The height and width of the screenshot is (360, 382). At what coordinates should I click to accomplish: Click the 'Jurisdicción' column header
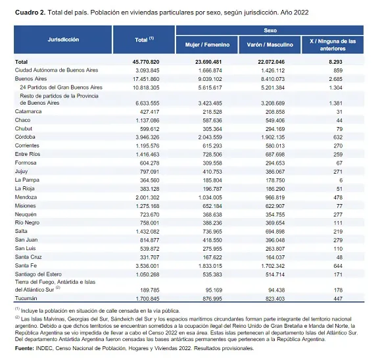point(64,39)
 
